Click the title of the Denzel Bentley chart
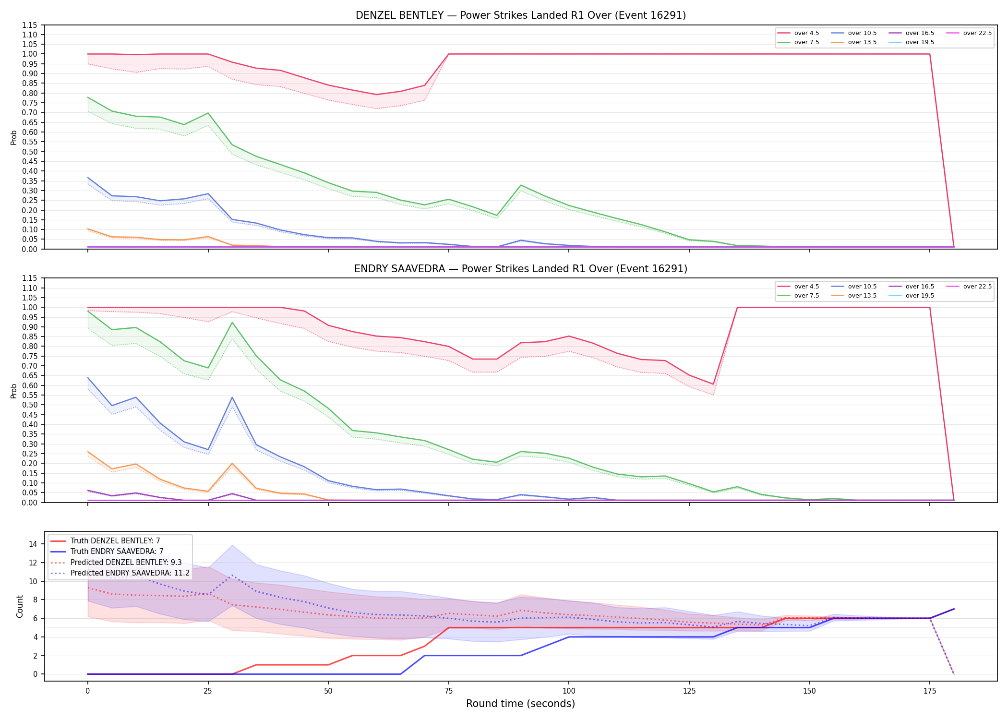coord(521,15)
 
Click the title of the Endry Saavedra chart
coord(521,269)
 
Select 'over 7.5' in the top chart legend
coord(807,42)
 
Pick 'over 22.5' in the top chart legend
coord(977,33)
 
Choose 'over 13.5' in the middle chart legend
coord(862,296)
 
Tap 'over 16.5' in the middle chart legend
coord(920,287)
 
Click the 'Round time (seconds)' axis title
coord(521,704)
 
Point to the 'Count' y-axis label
coord(20,606)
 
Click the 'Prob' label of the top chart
coord(14,137)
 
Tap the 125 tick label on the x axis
coord(689,691)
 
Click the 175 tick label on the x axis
coord(930,691)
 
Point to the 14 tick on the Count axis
coord(33,544)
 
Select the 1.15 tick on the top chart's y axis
coord(29,25)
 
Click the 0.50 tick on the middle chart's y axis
coord(29,405)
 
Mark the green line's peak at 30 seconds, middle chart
coord(232,323)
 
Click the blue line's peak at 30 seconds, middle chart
coord(232,397)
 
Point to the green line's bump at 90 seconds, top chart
coord(521,185)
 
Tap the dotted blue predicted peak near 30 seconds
coord(232,575)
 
